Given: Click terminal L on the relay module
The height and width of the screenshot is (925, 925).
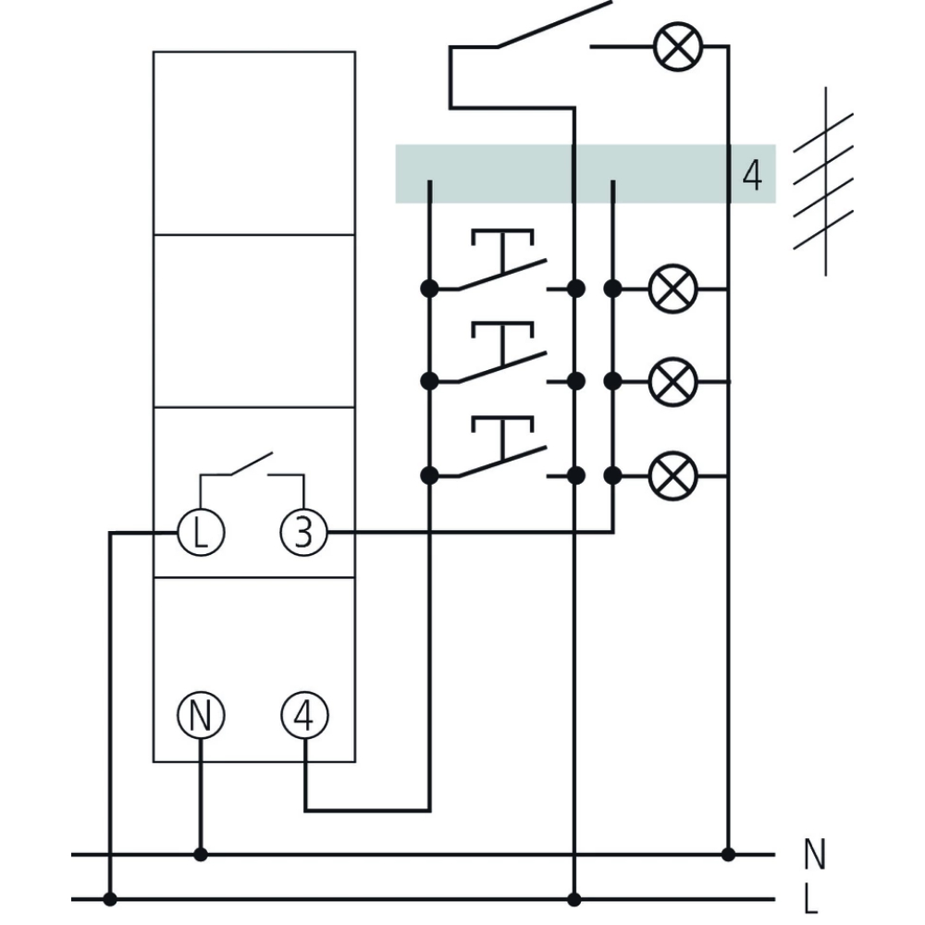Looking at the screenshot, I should click(x=200, y=533).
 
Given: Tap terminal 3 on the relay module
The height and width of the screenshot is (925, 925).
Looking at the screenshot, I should click(x=304, y=533).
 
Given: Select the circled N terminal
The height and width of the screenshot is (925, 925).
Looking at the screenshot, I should click(x=200, y=715).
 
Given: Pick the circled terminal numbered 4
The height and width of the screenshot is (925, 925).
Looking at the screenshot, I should click(x=304, y=715).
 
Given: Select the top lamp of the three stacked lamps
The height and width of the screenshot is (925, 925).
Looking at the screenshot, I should click(x=672, y=290).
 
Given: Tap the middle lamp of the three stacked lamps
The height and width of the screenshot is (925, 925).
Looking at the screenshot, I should click(x=672, y=381).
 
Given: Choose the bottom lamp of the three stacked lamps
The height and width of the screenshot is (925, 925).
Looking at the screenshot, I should click(x=672, y=475).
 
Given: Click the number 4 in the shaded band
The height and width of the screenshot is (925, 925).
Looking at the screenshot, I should click(x=752, y=176).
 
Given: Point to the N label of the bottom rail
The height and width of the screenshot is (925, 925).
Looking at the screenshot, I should click(x=814, y=856).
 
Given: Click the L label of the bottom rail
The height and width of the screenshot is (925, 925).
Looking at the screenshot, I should click(x=811, y=899).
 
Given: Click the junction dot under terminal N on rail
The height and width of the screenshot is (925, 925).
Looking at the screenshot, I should click(x=200, y=855).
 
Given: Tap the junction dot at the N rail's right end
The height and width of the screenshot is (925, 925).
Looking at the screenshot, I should click(x=728, y=854).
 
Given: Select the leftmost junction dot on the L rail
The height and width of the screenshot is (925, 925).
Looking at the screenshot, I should click(x=110, y=898).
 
